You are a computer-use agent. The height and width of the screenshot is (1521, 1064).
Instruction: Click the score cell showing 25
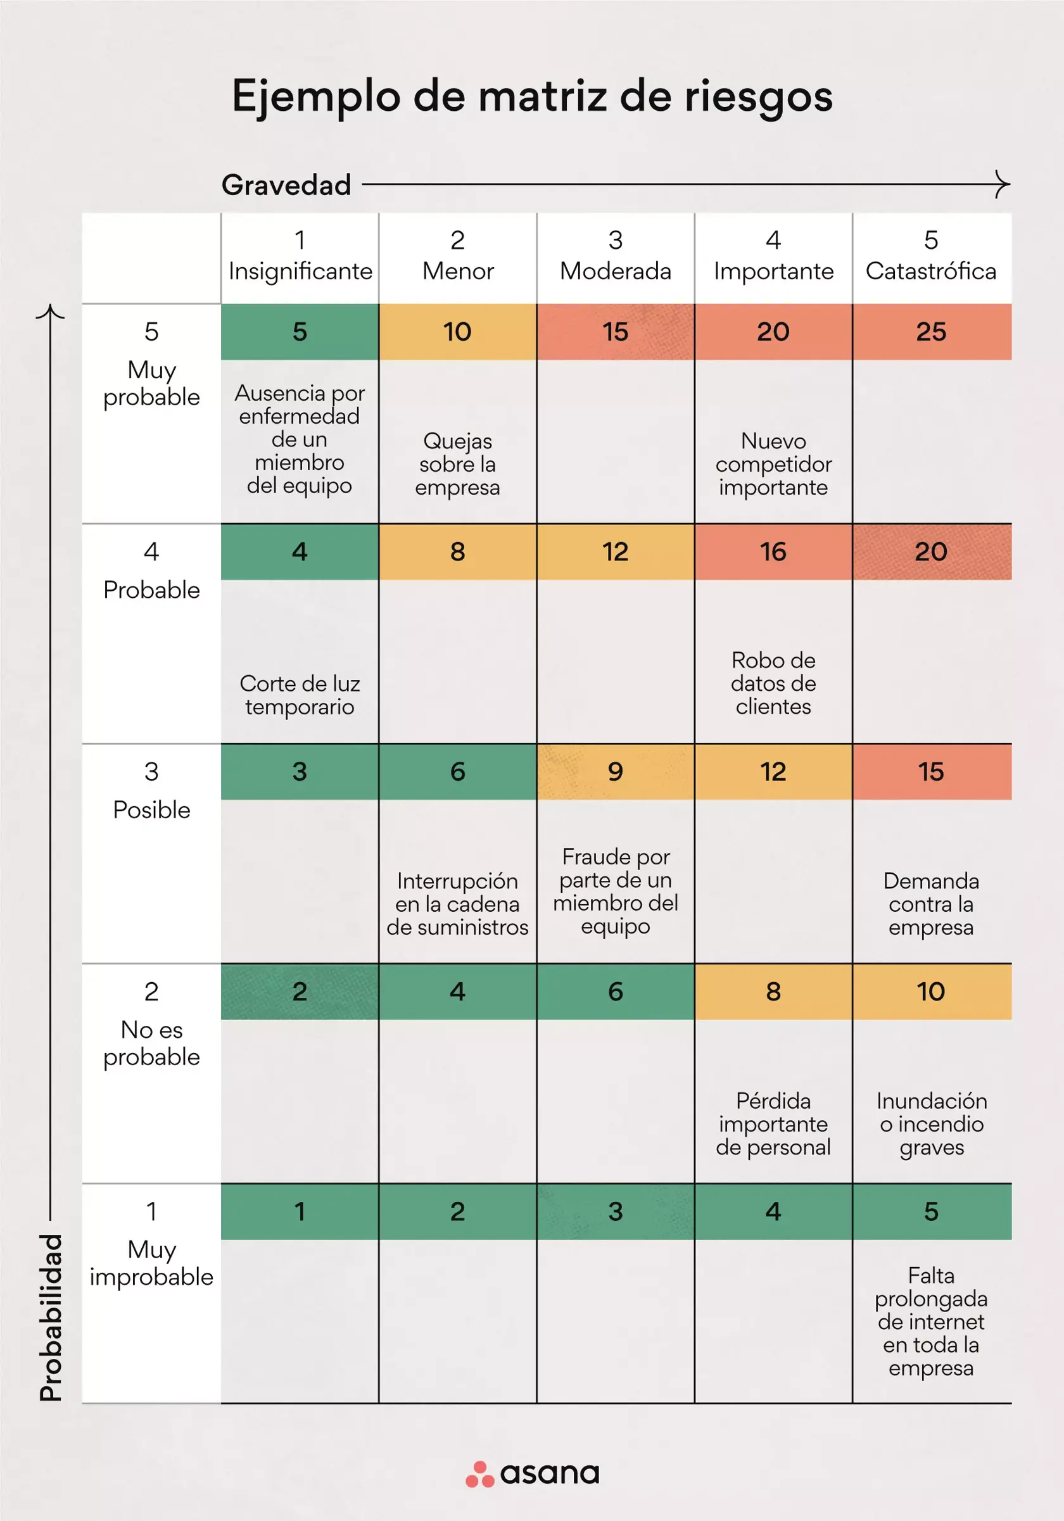pos(931,332)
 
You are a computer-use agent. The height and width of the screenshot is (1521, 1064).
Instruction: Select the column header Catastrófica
pos(931,271)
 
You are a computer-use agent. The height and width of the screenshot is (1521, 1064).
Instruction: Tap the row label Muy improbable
pos(151,1263)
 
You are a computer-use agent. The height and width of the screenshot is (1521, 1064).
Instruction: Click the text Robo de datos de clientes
pos(773,683)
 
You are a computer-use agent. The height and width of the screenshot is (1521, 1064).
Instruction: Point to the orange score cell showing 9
pos(615,772)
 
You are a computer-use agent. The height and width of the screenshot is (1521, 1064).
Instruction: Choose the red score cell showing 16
pos(773,552)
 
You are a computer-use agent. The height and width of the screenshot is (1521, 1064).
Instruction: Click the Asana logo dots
pos(479,1474)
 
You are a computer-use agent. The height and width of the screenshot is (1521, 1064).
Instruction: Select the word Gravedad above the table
pos(286,185)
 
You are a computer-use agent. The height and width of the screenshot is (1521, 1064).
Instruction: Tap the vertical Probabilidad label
pos(51,1318)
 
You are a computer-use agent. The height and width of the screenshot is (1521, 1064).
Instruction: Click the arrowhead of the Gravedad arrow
pos(1004,184)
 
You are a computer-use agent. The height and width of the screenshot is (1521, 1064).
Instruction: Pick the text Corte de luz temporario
pos(300,695)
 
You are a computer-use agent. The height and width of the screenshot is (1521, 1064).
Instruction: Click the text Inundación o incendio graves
pos(931,1124)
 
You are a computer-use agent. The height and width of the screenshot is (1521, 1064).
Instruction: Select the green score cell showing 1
pos(300,1211)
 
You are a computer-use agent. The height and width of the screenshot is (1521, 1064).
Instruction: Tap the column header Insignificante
pos(300,271)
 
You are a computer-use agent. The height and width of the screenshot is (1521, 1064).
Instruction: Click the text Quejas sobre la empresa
pos(457,464)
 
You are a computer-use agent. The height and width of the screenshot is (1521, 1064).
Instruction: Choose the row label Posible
pos(151,809)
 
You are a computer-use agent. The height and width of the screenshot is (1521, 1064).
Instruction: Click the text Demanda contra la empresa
pos(931,904)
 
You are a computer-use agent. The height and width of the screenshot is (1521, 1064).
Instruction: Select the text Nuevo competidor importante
pos(773,464)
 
